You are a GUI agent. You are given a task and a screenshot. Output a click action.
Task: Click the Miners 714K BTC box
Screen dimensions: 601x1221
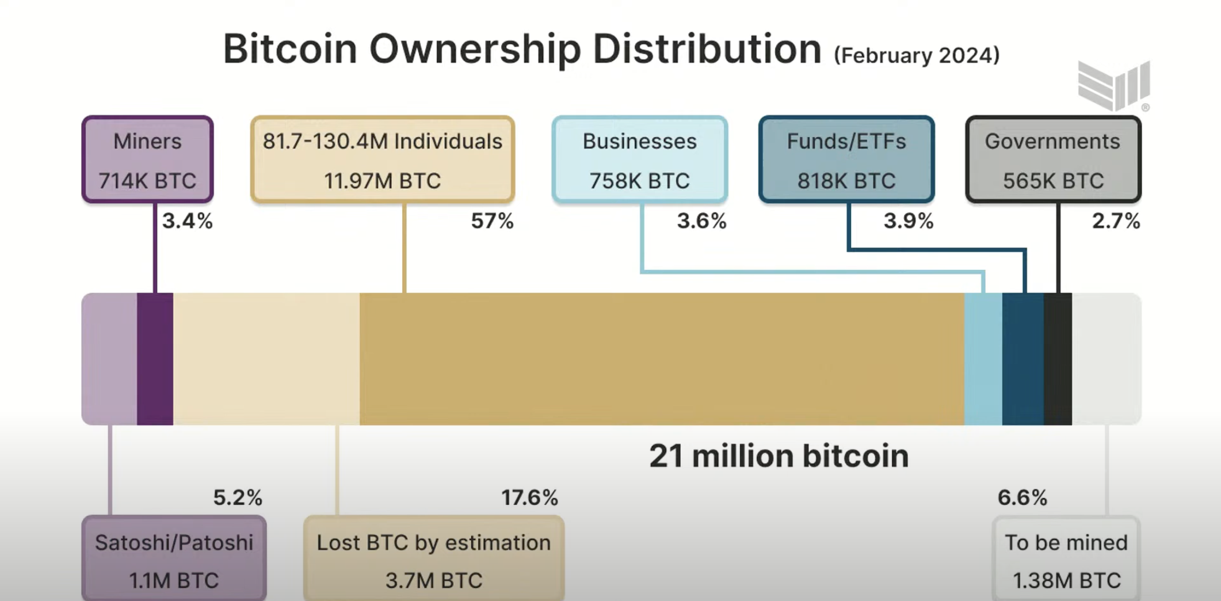click(147, 159)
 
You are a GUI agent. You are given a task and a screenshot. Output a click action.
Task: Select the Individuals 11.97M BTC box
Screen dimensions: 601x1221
click(383, 159)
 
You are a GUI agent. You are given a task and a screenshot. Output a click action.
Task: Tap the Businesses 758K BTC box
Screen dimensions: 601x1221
click(639, 159)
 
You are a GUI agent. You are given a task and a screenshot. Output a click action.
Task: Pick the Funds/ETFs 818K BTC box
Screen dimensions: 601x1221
click(846, 159)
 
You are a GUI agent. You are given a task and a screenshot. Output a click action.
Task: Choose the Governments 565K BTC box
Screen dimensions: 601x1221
click(1053, 159)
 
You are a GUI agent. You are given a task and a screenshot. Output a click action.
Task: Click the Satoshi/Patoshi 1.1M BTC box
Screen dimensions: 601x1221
click(174, 560)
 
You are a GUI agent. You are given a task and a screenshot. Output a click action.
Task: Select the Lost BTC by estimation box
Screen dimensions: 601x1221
click(434, 560)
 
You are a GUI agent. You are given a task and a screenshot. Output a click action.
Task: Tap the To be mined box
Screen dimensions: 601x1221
click(1066, 560)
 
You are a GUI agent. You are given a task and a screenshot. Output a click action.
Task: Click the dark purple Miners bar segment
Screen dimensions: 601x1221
click(155, 359)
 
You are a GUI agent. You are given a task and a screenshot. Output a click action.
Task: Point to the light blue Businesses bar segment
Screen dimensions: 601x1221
click(983, 359)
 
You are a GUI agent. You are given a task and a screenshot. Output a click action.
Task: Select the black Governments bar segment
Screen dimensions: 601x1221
click(1058, 359)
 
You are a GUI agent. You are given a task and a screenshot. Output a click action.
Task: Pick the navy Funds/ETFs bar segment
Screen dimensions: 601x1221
click(1022, 359)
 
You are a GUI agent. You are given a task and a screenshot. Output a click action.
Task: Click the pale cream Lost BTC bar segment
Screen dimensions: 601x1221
click(266, 359)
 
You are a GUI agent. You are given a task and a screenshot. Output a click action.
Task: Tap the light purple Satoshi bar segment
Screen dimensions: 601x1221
click(109, 359)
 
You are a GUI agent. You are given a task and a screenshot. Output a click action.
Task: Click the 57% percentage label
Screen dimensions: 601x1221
click(492, 221)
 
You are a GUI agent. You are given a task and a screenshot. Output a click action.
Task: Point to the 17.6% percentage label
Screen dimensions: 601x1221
click(529, 497)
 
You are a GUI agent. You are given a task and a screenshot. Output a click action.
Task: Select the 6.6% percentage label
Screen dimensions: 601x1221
click(1022, 497)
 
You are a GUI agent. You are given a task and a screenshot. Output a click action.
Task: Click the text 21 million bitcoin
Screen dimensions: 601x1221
click(779, 456)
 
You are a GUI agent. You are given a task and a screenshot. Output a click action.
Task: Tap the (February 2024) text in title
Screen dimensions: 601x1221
click(917, 55)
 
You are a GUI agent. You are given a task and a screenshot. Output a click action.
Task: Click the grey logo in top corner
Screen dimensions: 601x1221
click(1113, 85)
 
